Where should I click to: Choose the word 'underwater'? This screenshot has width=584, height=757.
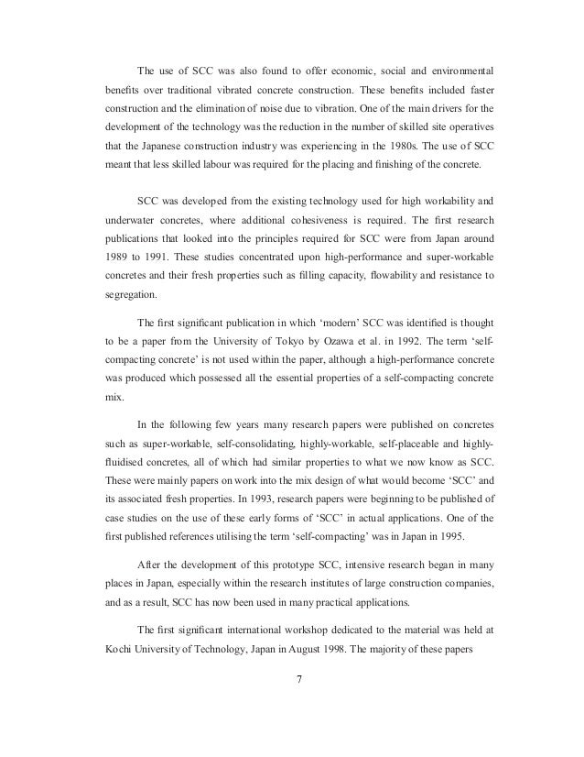click(x=132, y=221)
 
